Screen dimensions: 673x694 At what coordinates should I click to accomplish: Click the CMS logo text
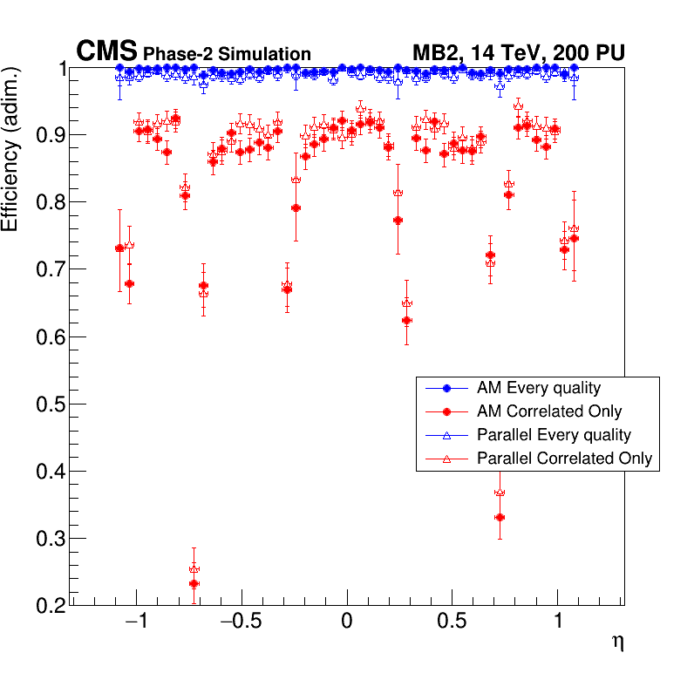107,51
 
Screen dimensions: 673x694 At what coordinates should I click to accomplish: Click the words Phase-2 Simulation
227,54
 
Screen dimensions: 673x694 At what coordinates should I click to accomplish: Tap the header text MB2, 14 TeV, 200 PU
518,53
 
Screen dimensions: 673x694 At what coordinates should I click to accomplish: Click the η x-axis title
617,642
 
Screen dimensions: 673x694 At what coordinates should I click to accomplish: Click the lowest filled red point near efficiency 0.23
194,584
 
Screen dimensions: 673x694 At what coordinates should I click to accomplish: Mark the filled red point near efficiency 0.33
500,518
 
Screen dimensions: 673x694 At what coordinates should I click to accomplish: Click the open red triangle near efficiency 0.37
500,493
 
